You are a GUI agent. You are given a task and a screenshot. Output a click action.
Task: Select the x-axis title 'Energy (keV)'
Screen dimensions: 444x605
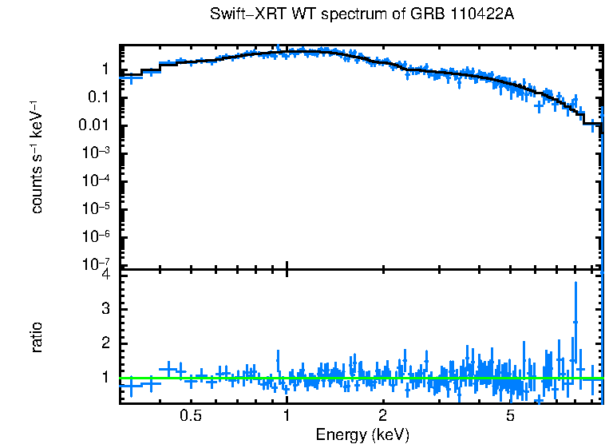pos(362,434)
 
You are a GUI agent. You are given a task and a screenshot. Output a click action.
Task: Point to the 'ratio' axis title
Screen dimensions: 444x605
pos(37,338)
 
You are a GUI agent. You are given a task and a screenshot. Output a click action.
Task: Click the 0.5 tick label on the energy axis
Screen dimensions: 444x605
pos(190,416)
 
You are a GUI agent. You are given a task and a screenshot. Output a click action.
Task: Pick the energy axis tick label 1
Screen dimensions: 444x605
pos(287,416)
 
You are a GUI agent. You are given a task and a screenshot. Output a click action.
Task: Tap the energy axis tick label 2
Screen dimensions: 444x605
pos(383,416)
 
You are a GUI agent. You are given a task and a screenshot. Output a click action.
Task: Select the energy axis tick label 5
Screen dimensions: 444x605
pos(511,416)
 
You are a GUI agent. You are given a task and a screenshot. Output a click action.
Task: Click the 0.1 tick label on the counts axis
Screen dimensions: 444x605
pos(100,97)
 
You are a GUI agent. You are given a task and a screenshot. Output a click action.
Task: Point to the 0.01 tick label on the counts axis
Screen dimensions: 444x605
pos(96,125)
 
